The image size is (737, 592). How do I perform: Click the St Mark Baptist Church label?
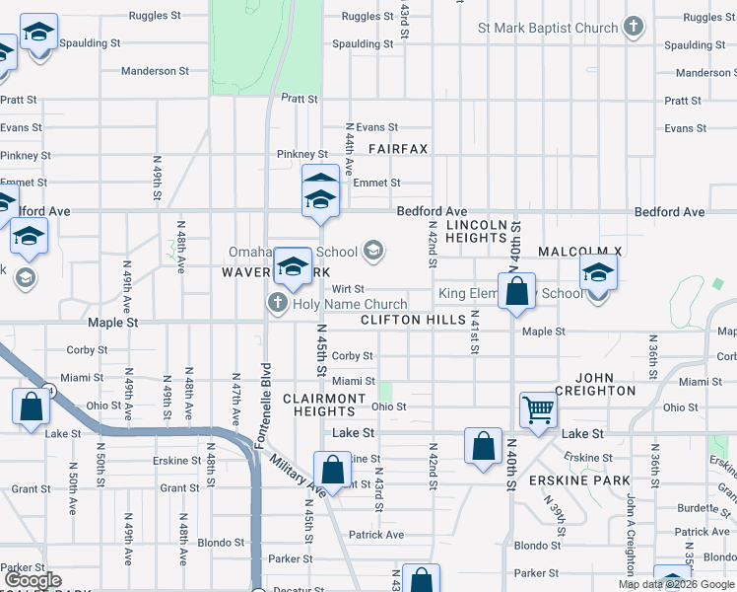point(547,29)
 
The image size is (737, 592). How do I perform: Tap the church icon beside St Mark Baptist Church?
point(635,28)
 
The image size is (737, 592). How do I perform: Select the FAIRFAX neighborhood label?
point(398,149)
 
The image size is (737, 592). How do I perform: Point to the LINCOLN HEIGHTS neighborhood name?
point(476,232)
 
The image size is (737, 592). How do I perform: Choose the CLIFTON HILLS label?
point(413,321)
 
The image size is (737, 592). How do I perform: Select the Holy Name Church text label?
point(350,304)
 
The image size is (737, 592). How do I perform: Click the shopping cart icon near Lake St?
point(538,408)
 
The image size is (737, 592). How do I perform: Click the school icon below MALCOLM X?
point(597,271)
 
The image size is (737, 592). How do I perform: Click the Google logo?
point(33,580)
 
